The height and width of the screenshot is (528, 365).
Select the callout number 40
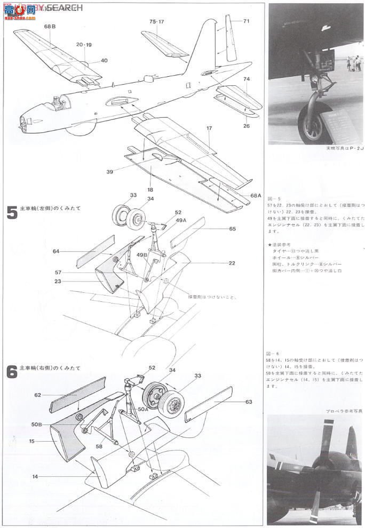(x=104, y=60)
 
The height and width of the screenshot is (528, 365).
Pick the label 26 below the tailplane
(x=246, y=126)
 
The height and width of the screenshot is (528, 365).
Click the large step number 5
(x=11, y=212)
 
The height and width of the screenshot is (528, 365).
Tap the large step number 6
(x=11, y=372)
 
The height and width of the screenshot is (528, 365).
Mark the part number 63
(x=249, y=402)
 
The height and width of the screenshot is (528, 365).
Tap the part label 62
(x=38, y=396)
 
